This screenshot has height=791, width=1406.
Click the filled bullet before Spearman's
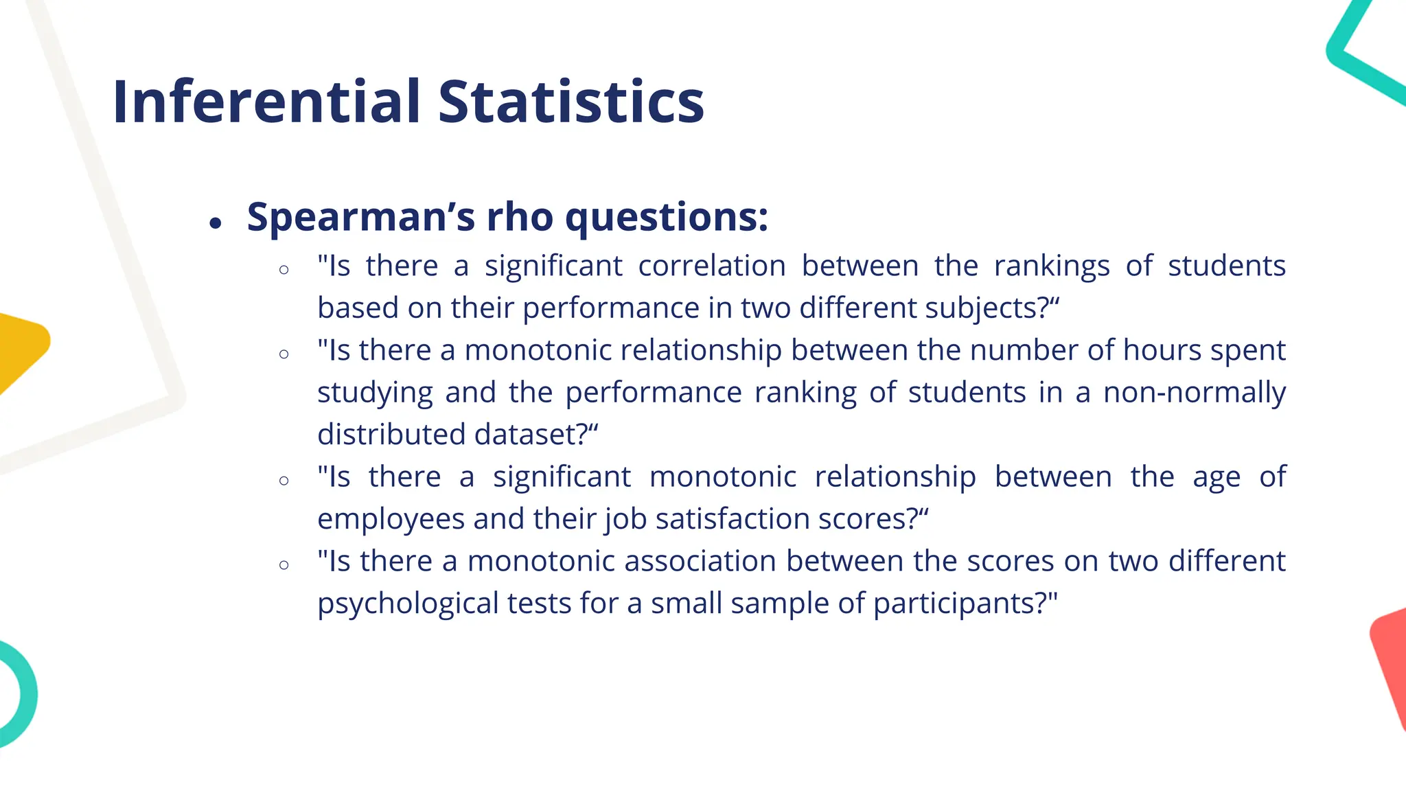216,222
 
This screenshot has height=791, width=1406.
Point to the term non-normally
1194,393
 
